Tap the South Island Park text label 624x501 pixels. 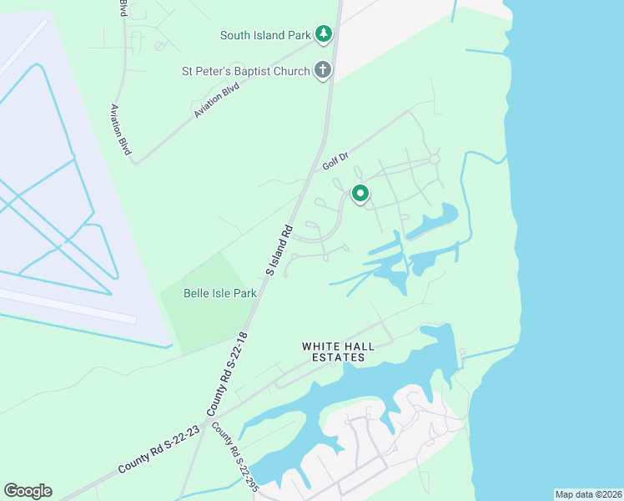click(x=264, y=35)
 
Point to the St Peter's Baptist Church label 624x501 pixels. click(x=246, y=72)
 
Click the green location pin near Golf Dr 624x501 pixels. click(x=360, y=194)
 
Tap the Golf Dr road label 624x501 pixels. click(x=335, y=161)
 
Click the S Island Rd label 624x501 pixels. click(x=279, y=250)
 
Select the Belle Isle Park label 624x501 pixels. click(x=219, y=293)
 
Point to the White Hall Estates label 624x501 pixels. click(x=334, y=352)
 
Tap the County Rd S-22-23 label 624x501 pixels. click(x=159, y=449)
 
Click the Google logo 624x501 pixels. click(x=28, y=491)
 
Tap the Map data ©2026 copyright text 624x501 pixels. click(x=588, y=494)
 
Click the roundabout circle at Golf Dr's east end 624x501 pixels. click(x=434, y=159)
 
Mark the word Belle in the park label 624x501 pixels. click(x=198, y=293)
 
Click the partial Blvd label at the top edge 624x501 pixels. click(x=123, y=9)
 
